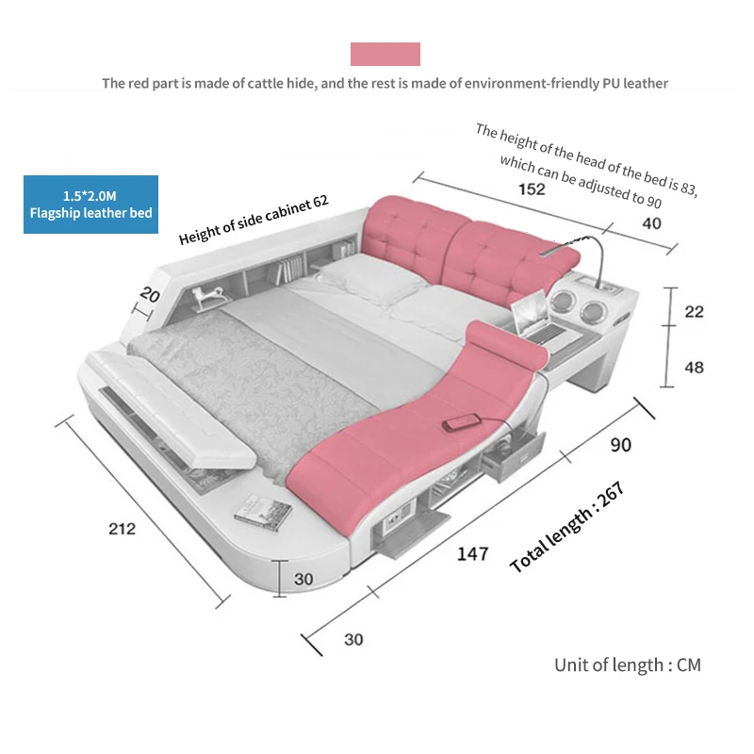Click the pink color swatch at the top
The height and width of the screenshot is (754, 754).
click(x=385, y=54)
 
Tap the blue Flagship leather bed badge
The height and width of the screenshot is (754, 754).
click(x=90, y=205)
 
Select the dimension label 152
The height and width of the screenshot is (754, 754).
click(x=532, y=189)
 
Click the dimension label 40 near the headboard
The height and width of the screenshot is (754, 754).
click(x=651, y=223)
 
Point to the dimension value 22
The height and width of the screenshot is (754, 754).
click(x=694, y=312)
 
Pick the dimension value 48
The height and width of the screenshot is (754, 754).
click(x=694, y=368)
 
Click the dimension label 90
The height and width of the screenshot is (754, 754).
click(x=620, y=445)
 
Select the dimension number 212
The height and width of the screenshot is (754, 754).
click(x=122, y=529)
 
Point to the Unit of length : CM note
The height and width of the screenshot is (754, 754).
click(x=628, y=664)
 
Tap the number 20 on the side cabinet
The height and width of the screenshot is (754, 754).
click(x=149, y=295)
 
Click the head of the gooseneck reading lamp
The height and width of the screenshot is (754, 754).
click(x=549, y=252)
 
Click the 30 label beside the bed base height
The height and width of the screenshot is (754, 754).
click(x=303, y=579)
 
